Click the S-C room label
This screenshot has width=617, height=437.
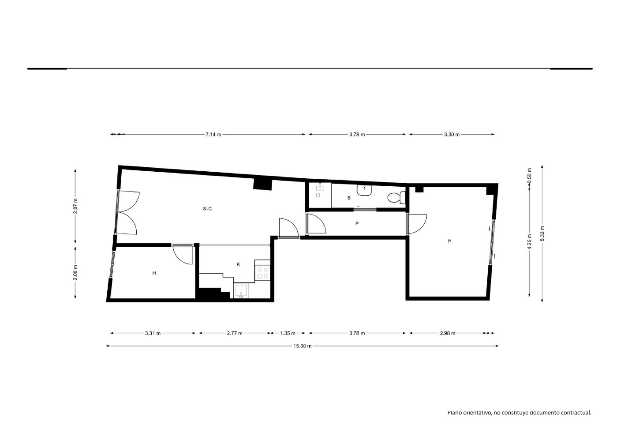click(207, 209)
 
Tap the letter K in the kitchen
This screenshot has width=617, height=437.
click(238, 264)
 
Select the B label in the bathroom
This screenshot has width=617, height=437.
click(349, 198)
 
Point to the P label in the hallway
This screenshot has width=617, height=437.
click(357, 223)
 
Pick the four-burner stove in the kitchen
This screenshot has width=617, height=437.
click(262, 272)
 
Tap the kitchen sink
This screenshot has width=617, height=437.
click(241, 290)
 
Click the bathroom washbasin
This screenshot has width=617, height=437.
click(365, 190)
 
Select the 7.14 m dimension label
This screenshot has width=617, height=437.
click(213, 135)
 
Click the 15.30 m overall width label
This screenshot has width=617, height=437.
click(302, 346)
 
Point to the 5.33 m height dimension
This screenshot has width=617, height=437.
click(542, 234)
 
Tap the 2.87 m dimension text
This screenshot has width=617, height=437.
click(75, 206)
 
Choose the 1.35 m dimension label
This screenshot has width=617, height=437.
click(288, 333)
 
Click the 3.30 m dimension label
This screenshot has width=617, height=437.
click(452, 135)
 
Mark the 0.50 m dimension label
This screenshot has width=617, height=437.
click(529, 176)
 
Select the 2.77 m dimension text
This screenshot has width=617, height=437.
click(235, 333)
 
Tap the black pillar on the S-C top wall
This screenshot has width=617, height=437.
click(262, 184)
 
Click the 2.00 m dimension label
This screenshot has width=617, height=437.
click(75, 272)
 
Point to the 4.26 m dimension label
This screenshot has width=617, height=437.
click(529, 242)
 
